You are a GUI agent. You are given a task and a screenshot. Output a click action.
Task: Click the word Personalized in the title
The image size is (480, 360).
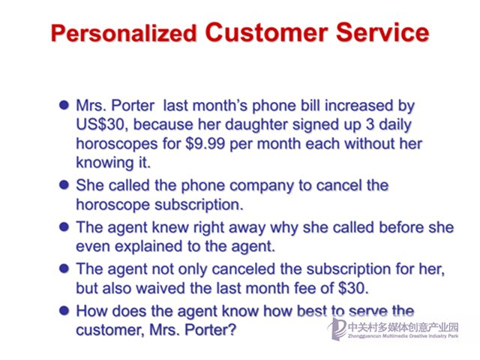tap(124, 33)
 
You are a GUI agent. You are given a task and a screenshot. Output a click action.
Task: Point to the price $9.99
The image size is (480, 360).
tap(205, 143)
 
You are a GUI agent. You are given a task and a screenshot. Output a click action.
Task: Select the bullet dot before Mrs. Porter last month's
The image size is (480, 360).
tap(64, 105)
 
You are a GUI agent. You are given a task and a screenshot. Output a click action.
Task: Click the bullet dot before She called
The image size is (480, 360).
tap(64, 185)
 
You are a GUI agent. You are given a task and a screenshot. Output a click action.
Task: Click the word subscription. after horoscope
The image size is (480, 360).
tap(199, 205)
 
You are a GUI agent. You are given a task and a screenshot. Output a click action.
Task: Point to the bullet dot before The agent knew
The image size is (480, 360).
tap(64, 227)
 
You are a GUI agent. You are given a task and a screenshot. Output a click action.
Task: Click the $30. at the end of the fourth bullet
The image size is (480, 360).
tap(353, 288)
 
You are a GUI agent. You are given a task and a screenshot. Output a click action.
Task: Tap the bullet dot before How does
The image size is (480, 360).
tap(64, 310)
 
